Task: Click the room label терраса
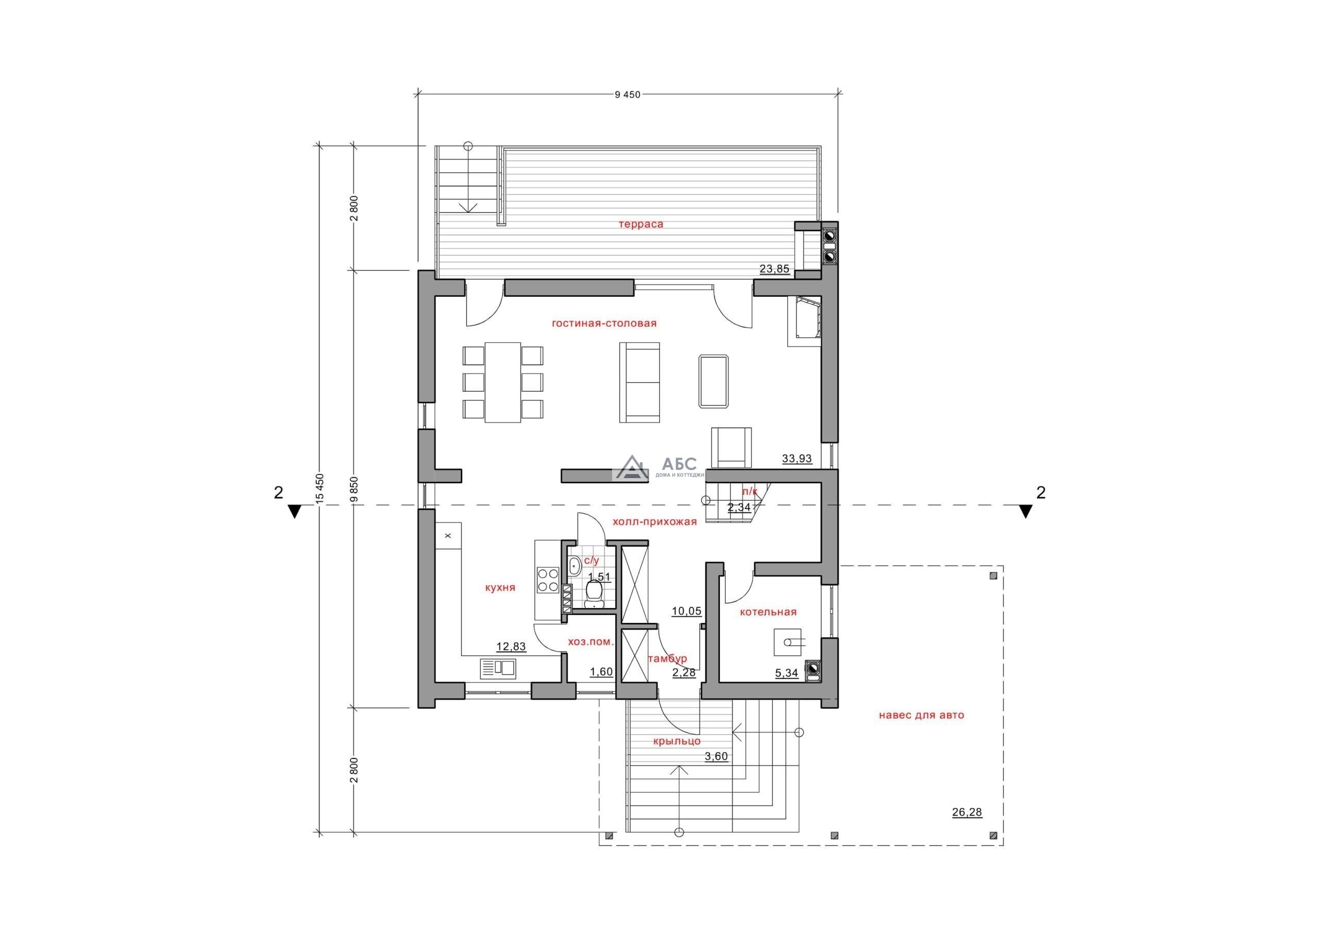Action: click(x=640, y=224)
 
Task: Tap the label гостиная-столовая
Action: click(x=604, y=324)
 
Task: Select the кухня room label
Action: click(x=500, y=588)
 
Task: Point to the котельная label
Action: click(x=768, y=612)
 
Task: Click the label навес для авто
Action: click(x=921, y=715)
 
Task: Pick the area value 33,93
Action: click(x=797, y=459)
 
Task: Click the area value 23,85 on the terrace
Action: click(x=774, y=268)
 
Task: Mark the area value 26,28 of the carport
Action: click(x=968, y=812)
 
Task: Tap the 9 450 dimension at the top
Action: click(x=628, y=95)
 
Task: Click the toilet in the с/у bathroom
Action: click(x=594, y=593)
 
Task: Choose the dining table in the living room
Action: click(x=503, y=383)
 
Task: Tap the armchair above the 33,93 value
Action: click(x=731, y=448)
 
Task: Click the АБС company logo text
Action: click(x=679, y=464)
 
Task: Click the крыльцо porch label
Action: click(x=677, y=741)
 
